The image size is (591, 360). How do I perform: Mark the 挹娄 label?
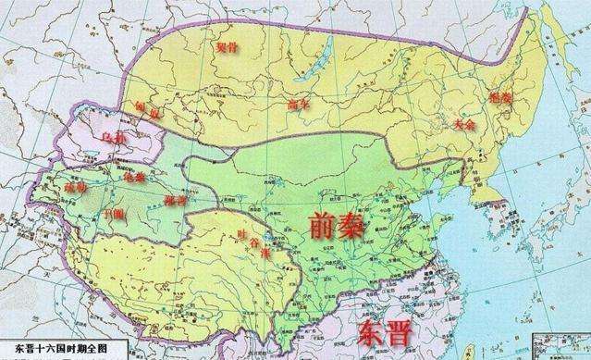[505, 99]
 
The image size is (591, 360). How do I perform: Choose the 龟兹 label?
[135, 176]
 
